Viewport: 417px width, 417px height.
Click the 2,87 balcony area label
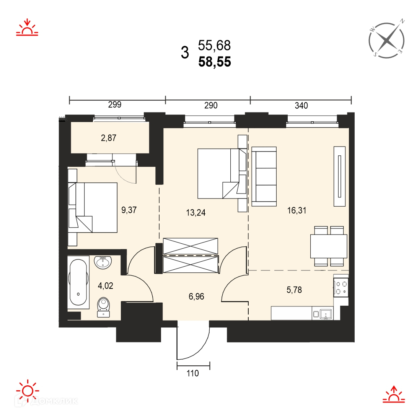pos(109,138)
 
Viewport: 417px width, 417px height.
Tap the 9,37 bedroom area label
pos(129,210)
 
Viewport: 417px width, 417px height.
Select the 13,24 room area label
pos(196,212)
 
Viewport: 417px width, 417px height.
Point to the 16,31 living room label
pos(296,210)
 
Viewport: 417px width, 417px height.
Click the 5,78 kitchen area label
pos(294,290)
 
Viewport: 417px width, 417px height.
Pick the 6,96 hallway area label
pos(196,296)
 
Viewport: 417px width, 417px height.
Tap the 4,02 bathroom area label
pos(105,286)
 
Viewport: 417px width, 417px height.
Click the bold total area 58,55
pos(215,62)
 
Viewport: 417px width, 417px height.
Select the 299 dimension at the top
pos(115,104)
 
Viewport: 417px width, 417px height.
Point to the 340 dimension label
pos(301,106)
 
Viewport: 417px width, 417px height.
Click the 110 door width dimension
pos(192,373)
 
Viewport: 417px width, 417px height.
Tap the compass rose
pos(387,40)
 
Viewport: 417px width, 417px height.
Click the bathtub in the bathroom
pos(78,282)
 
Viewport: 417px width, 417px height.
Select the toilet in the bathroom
pos(103,307)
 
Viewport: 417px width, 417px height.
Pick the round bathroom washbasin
pos(103,262)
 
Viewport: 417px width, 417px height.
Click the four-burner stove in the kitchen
pos(341,287)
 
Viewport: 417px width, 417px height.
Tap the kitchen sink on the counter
pos(326,314)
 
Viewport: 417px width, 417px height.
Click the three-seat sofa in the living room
pos(264,177)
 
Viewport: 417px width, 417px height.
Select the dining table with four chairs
pos(329,246)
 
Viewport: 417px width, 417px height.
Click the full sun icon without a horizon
pos(28,391)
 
